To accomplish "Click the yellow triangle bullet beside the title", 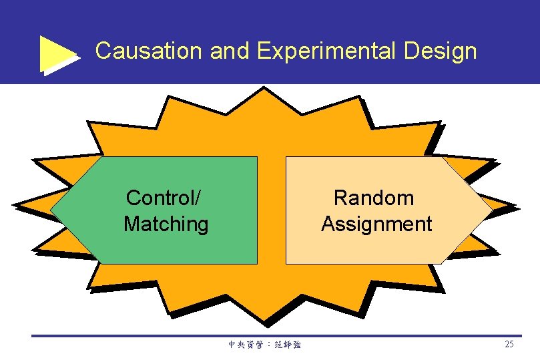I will tap(59, 53).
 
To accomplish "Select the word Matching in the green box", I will tap(166, 224).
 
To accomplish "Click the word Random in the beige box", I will tap(374, 198).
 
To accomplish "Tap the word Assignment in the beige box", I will tap(376, 224).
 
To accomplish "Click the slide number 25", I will tap(509, 345).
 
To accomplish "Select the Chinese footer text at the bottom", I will tap(264, 345).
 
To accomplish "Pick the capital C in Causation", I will tap(103, 51).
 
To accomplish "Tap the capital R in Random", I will tap(340, 198).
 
